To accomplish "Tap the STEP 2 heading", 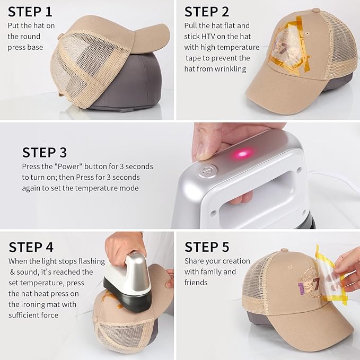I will (x=207, y=12).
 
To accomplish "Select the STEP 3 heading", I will (x=45, y=153).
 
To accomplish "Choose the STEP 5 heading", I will (x=207, y=247).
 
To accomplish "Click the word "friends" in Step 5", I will (x=197, y=283).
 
